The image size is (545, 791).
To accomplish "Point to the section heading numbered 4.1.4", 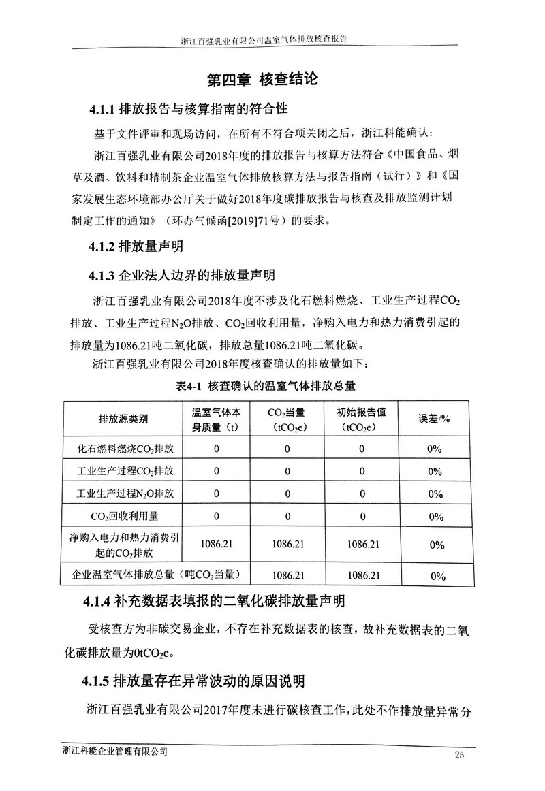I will [213, 601].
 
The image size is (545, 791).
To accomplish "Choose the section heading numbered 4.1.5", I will [193, 681].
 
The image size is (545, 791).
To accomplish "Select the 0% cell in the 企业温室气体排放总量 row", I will [433, 576].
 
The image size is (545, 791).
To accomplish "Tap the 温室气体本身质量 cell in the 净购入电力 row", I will [217, 544].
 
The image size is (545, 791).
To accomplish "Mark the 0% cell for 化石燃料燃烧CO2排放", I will [433, 449].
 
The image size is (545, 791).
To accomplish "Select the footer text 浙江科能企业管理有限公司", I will [114, 752].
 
